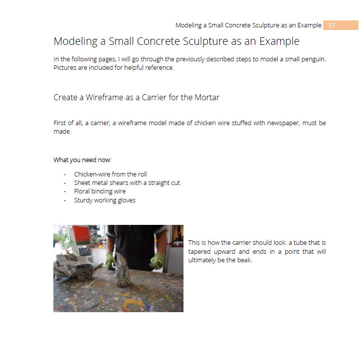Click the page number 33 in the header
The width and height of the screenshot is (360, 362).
tap(331, 25)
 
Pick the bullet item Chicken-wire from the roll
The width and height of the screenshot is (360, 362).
tap(110, 175)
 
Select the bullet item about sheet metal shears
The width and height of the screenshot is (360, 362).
tap(127, 183)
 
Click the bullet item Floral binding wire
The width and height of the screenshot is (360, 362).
tap(100, 191)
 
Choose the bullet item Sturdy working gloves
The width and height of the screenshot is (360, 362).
tap(105, 200)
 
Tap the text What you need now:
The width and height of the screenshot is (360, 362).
tap(82, 160)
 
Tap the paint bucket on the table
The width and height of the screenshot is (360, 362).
tap(83, 272)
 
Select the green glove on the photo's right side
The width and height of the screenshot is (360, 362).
tap(158, 261)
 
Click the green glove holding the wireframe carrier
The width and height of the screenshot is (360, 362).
tap(111, 261)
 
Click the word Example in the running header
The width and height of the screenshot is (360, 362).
tap(309, 25)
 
